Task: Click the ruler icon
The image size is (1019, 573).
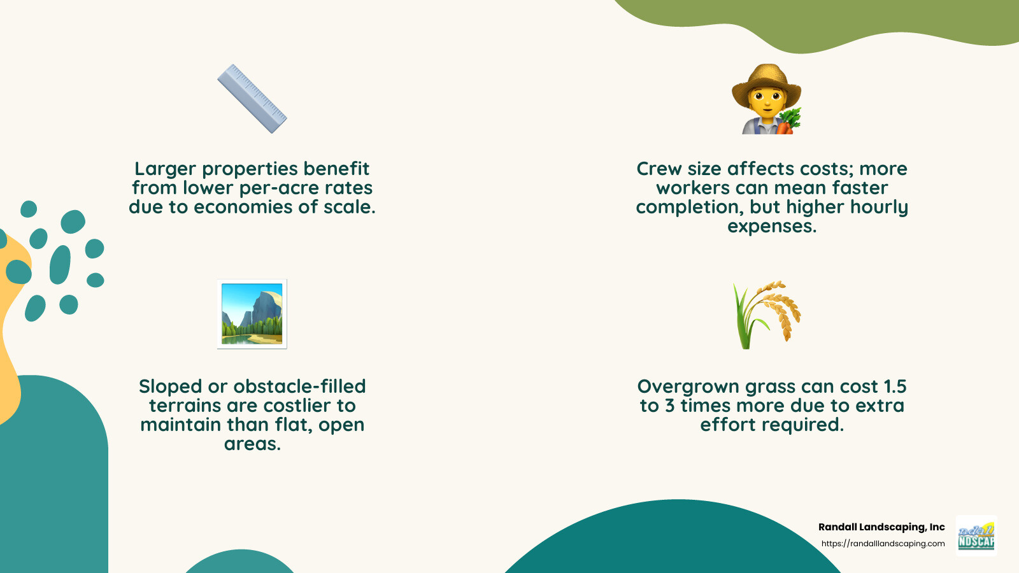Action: point(252,99)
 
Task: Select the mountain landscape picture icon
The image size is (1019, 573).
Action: point(252,314)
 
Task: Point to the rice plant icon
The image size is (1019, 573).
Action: point(767,315)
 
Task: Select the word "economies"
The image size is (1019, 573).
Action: point(253,207)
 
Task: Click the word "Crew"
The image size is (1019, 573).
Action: point(659,169)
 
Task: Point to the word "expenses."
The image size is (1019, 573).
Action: point(772,227)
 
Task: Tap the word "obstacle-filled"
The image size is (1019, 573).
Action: point(300,386)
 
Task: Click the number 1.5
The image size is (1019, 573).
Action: point(895,386)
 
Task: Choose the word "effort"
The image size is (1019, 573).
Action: point(729,425)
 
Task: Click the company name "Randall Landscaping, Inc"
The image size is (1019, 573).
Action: point(881,527)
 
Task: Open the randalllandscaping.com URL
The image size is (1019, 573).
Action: point(883,544)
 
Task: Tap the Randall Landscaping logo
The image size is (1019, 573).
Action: point(976,536)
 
